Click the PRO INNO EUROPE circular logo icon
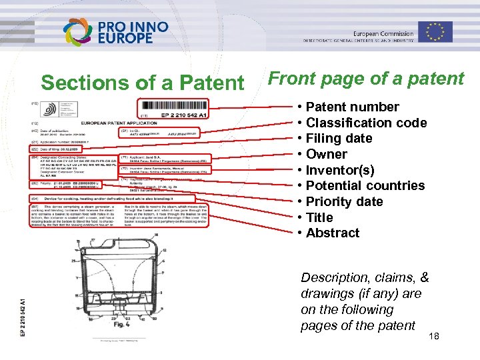coord(78,31)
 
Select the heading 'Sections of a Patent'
coord(143,83)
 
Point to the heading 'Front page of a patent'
coord(365,79)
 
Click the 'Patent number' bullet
coord(352,107)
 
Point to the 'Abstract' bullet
coord(333,233)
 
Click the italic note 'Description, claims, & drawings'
coord(364,301)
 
